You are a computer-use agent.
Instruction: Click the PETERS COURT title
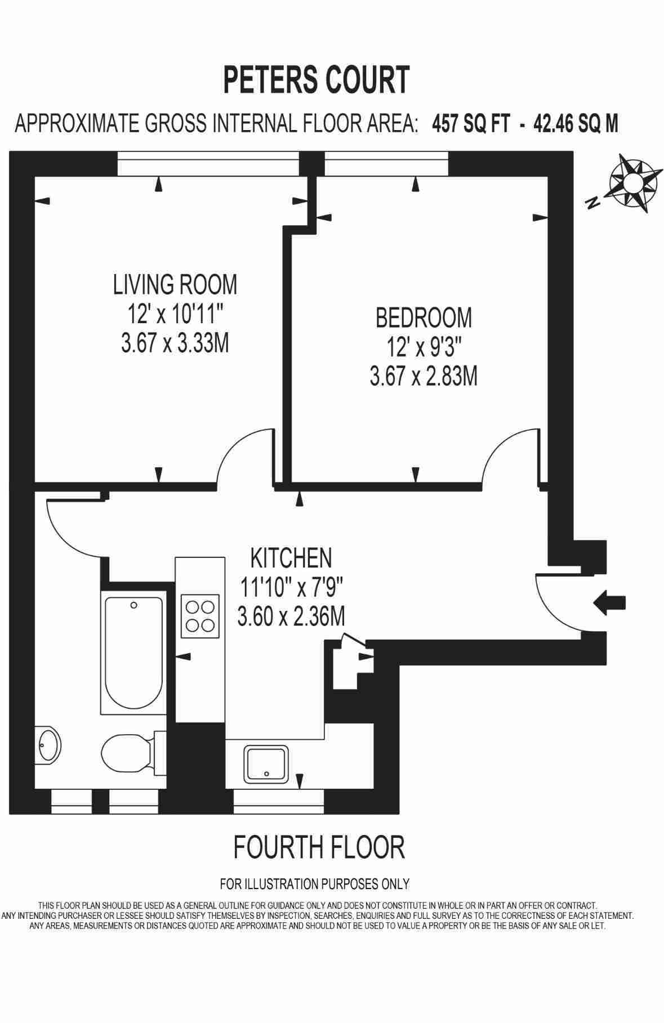tap(317, 79)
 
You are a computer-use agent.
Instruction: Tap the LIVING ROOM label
tap(175, 284)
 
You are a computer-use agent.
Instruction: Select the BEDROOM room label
tap(424, 318)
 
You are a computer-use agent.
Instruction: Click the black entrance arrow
tap(609, 603)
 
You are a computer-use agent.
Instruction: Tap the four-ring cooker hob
tap(200, 617)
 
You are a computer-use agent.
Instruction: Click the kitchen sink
tap(266, 764)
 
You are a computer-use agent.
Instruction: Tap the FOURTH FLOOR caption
tap(319, 847)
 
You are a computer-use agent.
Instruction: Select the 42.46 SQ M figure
tap(576, 123)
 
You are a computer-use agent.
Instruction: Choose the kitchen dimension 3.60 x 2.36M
tap(291, 618)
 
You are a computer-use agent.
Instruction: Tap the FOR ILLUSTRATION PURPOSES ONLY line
tap(314, 884)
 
